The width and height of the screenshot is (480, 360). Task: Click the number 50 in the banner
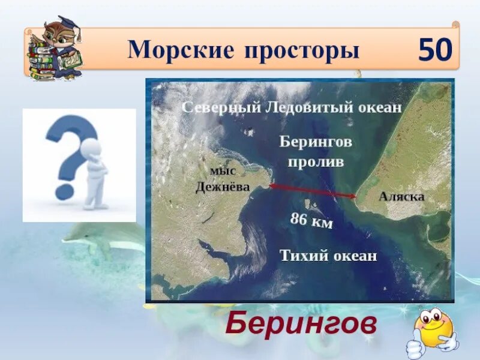[x=435, y=50]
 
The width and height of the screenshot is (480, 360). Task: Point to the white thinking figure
[x=95, y=174]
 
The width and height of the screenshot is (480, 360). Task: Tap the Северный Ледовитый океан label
[x=291, y=107]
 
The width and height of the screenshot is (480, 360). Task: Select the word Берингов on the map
[x=315, y=142]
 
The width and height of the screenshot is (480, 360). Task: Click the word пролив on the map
[x=315, y=162]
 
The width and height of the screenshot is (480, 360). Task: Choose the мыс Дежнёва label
[x=222, y=179]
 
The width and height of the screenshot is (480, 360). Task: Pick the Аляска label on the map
[x=401, y=197]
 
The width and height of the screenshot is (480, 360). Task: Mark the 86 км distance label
[x=311, y=221]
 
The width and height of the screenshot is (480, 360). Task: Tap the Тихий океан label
[x=328, y=256]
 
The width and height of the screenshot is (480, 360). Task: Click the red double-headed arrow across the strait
[x=313, y=191]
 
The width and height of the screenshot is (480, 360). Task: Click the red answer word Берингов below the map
[x=301, y=325]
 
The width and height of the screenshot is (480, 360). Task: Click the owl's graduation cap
[x=67, y=24]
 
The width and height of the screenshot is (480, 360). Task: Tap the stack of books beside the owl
[x=39, y=60]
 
